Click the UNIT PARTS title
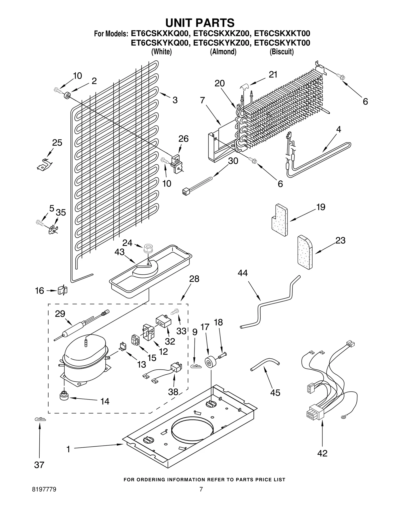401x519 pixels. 200,23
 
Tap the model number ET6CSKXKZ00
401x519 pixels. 221,34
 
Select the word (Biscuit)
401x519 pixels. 281,52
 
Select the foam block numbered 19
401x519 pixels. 279,220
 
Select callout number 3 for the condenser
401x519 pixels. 175,100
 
